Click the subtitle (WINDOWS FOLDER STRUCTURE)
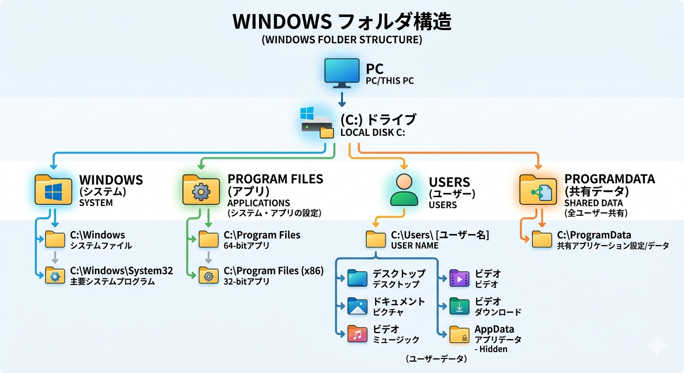[x=342, y=40]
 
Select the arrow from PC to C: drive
[x=342, y=99]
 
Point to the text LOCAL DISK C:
[x=373, y=132]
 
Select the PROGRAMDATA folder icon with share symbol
[x=538, y=190]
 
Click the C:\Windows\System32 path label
[x=121, y=271]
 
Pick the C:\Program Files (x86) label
[x=274, y=271]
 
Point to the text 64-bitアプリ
[x=247, y=246]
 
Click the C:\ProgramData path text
[x=594, y=235]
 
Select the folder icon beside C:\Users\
[x=376, y=239]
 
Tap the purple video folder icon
[x=459, y=278]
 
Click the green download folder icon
[x=459, y=306]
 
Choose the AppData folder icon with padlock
[x=459, y=335]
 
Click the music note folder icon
[x=358, y=335]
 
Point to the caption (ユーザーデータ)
[x=436, y=359]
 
